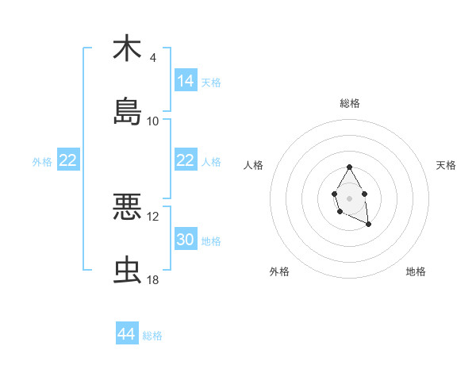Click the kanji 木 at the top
[x=127, y=49]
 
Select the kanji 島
[x=127, y=112]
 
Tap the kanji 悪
[x=127, y=207]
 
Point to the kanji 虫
[x=127, y=270]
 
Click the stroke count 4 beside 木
[x=152, y=58]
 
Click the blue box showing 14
[x=186, y=80]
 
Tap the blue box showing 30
[x=186, y=239]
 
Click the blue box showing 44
[x=127, y=334]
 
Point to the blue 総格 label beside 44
[x=152, y=336]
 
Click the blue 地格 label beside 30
[x=211, y=240]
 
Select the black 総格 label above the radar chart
[x=349, y=103]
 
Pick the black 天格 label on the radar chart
[x=446, y=165]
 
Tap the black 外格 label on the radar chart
[x=279, y=271]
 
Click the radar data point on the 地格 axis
[x=369, y=225]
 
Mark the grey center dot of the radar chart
[x=349, y=197]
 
